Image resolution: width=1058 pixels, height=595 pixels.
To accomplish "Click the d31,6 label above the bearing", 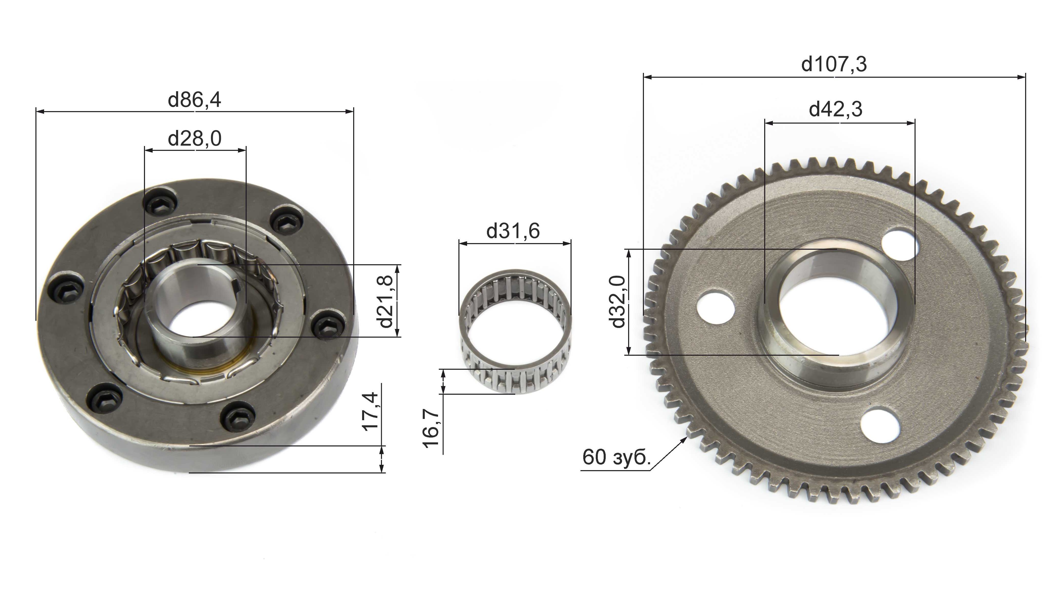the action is [x=513, y=231].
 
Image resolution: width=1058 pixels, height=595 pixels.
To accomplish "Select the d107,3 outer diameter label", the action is [x=834, y=64].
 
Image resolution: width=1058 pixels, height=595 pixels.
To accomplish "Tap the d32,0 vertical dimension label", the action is [x=618, y=302].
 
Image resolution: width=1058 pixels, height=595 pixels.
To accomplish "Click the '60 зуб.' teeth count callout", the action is [x=616, y=457].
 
